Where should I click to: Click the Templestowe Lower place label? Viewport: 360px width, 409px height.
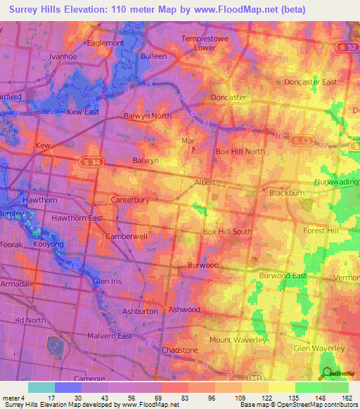click(205, 43)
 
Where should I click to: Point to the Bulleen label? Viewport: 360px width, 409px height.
click(153, 56)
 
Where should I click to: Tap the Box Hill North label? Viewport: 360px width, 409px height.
click(240, 151)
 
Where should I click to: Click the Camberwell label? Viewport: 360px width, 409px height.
click(127, 237)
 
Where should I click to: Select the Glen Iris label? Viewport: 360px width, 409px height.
click(108, 282)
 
